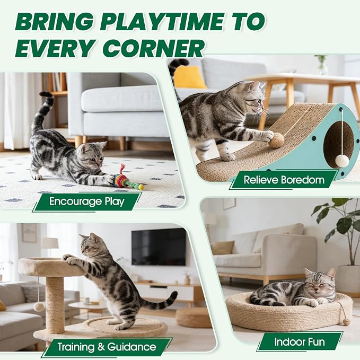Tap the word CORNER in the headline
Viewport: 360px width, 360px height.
tap(153, 48)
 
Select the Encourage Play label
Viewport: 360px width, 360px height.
tap(87, 201)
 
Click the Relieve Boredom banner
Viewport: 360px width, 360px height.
tap(284, 180)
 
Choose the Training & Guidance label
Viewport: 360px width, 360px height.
tap(107, 347)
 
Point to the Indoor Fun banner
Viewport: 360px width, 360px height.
tap(300, 342)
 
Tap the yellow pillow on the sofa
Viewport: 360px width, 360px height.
tap(190, 77)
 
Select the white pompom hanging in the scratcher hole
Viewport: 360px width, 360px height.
tap(342, 161)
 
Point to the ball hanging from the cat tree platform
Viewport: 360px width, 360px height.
tap(39, 307)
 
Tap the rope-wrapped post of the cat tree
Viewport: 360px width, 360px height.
tap(55, 305)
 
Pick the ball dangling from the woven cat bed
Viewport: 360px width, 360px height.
tap(346, 322)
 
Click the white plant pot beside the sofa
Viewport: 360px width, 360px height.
tap(347, 279)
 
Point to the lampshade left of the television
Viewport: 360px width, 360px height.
tap(50, 243)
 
